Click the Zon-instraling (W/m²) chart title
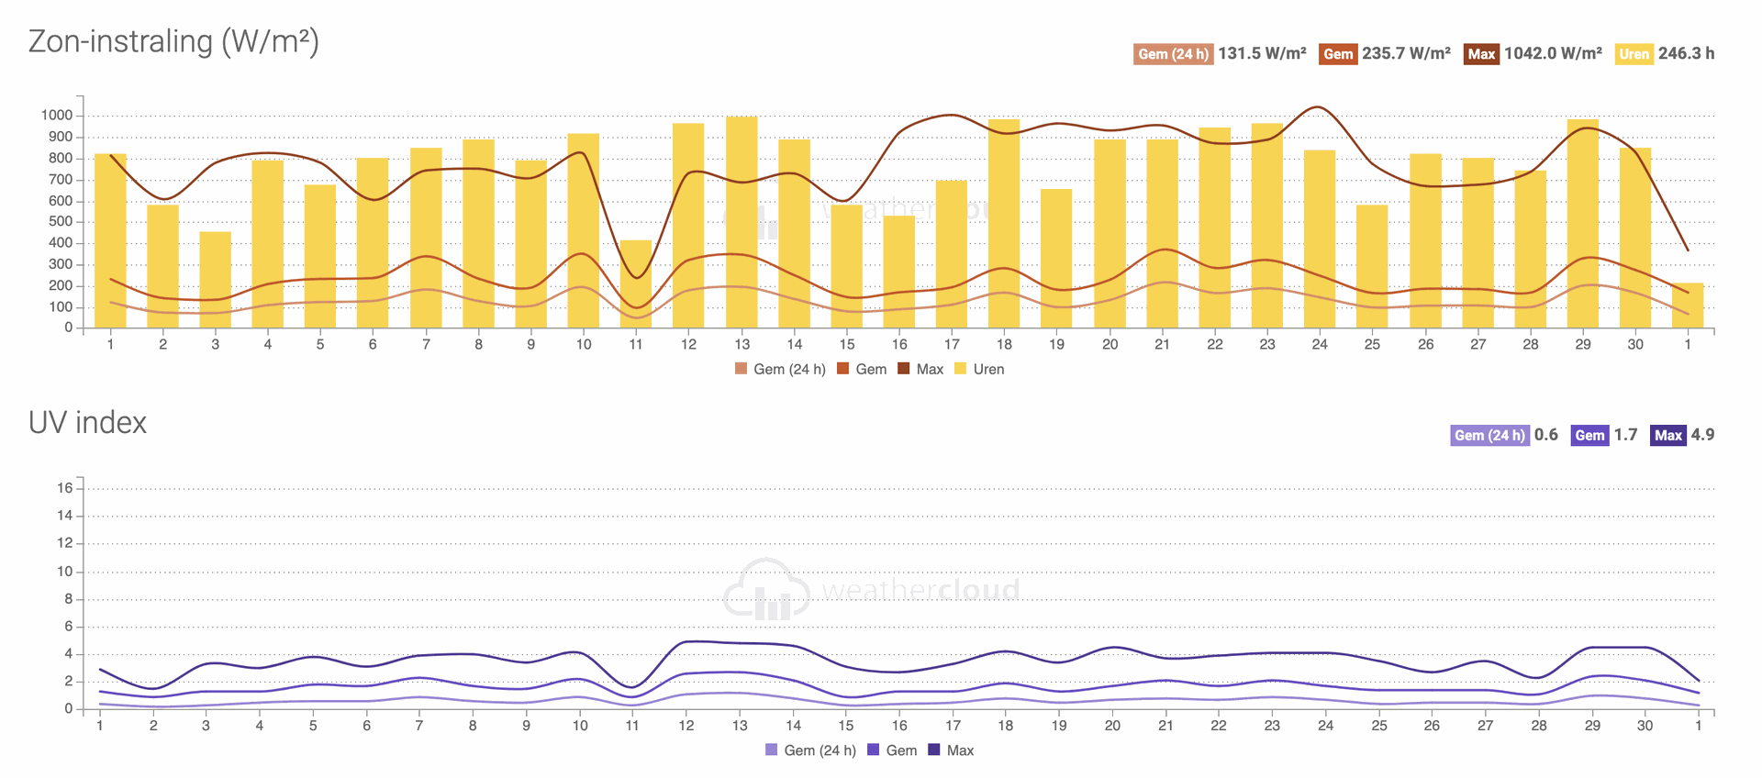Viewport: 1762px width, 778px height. (x=173, y=42)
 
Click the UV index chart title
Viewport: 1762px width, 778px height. (x=87, y=423)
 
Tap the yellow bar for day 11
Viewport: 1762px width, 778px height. (x=636, y=284)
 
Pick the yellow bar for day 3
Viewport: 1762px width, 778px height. (x=216, y=280)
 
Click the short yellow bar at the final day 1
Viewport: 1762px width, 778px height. (x=1688, y=306)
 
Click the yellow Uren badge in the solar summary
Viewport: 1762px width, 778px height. (x=1634, y=54)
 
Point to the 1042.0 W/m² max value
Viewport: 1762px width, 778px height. (x=1553, y=54)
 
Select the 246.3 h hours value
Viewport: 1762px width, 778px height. (x=1686, y=54)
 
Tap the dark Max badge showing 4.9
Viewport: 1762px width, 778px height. (x=1667, y=436)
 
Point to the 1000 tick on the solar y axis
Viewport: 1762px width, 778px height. (x=56, y=116)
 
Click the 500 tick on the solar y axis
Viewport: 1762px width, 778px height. (x=61, y=222)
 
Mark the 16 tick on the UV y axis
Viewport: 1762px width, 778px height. (x=64, y=488)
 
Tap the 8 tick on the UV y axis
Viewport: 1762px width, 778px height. (x=68, y=599)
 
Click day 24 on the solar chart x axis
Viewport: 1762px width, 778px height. (x=1320, y=345)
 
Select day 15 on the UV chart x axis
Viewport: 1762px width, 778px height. (x=846, y=726)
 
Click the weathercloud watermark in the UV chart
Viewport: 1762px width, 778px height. (x=872, y=589)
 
